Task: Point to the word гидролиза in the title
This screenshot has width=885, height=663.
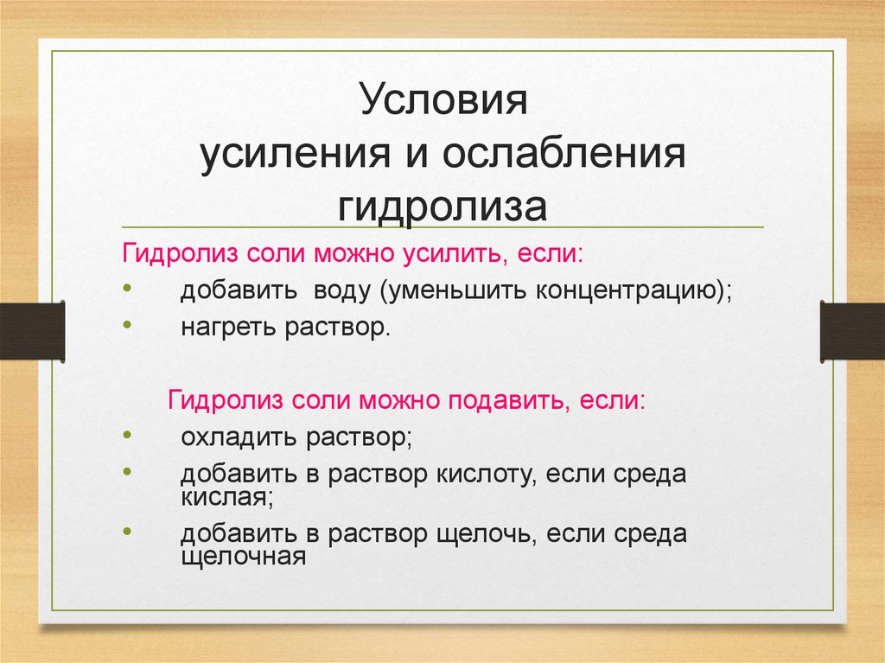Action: click(442, 207)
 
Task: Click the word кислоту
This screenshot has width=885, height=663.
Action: click(480, 475)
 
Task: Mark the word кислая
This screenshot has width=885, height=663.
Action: click(225, 497)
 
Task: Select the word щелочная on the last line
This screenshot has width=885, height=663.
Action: click(244, 556)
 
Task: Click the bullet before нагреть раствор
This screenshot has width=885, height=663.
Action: click(128, 324)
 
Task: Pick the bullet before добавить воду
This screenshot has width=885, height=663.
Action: click(128, 287)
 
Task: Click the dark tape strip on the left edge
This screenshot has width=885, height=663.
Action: click(32, 331)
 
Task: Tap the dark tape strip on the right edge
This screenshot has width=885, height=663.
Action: click(852, 331)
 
